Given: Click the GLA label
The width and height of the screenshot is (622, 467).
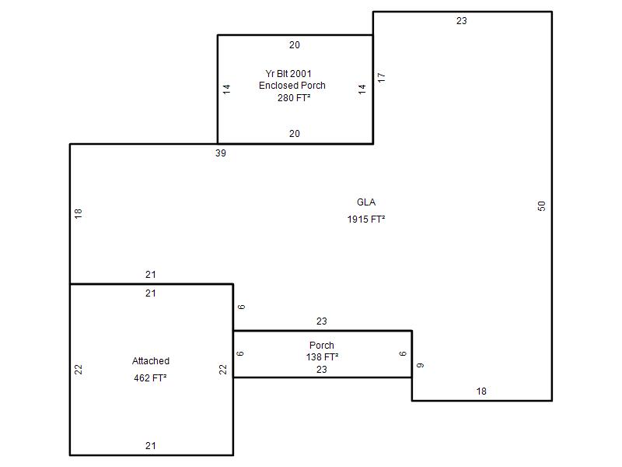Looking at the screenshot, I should click(366, 203).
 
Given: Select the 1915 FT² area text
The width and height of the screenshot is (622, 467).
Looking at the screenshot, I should click(366, 219).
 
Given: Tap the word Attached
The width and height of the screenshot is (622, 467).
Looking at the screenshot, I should click(151, 361).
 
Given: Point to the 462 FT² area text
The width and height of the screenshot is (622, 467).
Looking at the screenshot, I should click(151, 378).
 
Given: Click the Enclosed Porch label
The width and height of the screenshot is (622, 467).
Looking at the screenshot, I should click(292, 86).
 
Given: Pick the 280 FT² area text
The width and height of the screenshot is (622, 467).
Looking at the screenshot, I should click(294, 98).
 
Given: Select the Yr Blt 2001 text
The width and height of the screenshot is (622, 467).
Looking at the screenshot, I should click(288, 74).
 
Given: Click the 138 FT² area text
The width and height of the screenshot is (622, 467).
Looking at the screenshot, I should click(322, 357).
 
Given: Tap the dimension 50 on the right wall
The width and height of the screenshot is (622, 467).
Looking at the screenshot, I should click(542, 205).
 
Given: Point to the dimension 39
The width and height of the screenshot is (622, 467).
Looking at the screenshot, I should click(221, 153).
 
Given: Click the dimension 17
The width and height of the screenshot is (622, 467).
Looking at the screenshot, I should click(381, 78).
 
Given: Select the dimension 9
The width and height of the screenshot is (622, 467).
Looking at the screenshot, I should click(420, 365).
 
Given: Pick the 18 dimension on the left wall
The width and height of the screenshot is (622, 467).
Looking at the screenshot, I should click(79, 212).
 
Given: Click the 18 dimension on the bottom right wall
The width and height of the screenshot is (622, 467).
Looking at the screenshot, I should click(481, 392).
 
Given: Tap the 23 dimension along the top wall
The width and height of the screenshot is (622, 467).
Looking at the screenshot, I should click(462, 21).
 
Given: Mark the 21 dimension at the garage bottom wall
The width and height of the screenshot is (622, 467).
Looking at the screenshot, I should click(151, 446).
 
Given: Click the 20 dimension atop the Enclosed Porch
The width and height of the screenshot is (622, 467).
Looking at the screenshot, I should click(295, 45).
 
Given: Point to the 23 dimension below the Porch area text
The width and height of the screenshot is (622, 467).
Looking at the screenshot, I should click(322, 370).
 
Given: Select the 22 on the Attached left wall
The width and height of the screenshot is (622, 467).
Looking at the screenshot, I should click(79, 370).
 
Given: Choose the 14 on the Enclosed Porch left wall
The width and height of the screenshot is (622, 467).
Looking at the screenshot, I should click(227, 89).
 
